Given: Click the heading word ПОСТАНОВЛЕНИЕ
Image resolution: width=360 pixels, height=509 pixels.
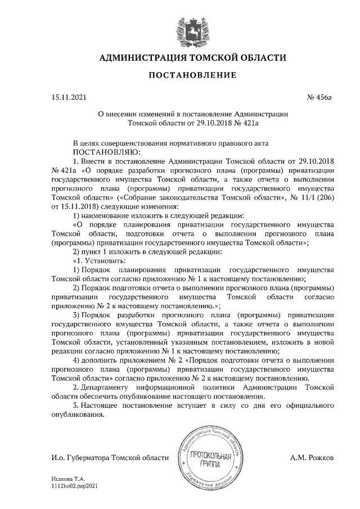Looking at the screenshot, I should point(192,75).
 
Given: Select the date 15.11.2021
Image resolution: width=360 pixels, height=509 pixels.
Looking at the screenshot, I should point(69,98).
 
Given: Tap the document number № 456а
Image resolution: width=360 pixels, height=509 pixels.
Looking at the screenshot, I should point(320,98).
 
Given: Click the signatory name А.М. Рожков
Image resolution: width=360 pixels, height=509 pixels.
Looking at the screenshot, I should point(312,458).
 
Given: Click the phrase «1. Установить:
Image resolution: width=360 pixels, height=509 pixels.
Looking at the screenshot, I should point(101,261).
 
